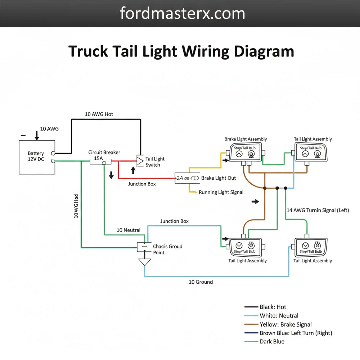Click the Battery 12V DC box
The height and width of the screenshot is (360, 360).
(x=37, y=157)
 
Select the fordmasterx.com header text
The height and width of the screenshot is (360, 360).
(x=183, y=14)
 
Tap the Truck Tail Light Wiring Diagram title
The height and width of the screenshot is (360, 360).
(x=181, y=51)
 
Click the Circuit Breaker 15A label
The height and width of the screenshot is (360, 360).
(x=104, y=155)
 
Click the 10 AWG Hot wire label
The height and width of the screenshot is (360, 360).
(x=99, y=114)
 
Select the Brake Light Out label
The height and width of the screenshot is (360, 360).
(x=219, y=178)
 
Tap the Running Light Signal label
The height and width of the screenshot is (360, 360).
(x=221, y=192)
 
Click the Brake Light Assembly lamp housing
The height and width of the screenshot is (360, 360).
(x=245, y=153)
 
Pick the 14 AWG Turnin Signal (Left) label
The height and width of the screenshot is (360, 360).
(x=318, y=210)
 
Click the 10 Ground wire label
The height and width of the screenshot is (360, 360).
(x=201, y=282)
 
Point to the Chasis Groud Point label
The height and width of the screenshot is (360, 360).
(x=167, y=249)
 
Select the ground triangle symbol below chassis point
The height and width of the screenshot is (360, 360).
(x=145, y=262)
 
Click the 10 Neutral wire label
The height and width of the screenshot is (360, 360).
(x=129, y=230)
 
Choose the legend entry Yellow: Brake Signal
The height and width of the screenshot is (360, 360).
(x=285, y=324)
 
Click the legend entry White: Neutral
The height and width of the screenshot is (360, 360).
(x=279, y=316)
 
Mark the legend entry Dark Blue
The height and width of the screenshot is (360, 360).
(x=272, y=342)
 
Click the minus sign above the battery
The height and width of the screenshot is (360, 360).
(x=23, y=135)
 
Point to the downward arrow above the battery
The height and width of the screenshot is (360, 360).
(x=36, y=135)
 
